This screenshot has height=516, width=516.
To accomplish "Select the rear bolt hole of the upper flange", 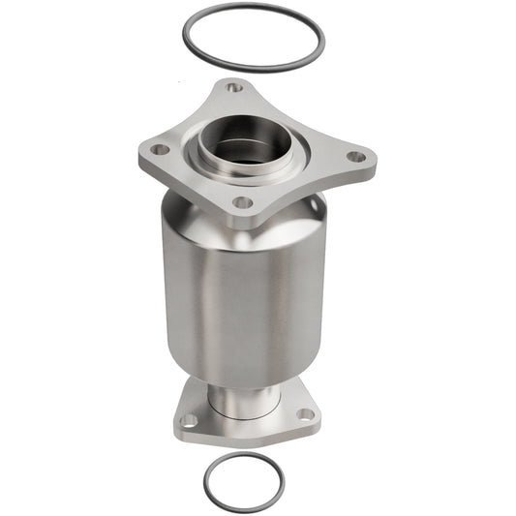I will [234, 88].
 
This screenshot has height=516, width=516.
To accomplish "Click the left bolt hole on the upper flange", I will [158, 150].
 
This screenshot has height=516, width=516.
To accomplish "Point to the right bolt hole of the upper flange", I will [355, 156].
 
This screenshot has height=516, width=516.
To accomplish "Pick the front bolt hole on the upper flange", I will [243, 202].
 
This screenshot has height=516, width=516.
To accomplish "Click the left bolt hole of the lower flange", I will [190, 420].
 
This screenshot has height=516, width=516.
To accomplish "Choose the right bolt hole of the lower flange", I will [305, 413].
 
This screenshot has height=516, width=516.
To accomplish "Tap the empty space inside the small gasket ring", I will [244, 475].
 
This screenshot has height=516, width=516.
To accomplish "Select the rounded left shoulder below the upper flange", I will [172, 208].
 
